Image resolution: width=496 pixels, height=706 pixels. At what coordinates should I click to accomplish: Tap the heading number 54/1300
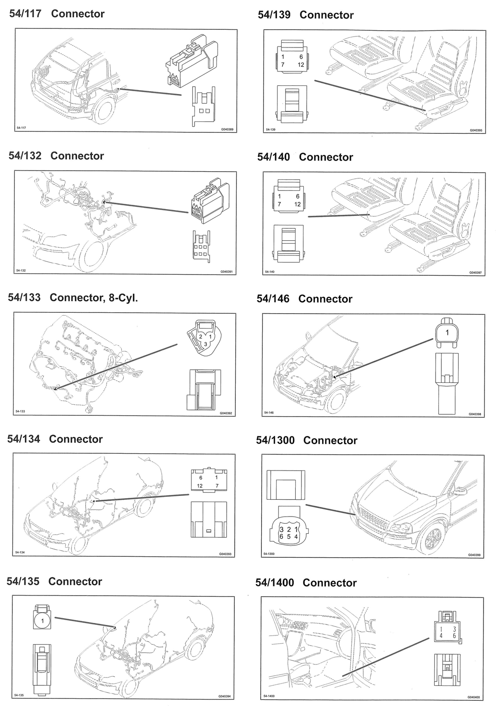tap(275, 440)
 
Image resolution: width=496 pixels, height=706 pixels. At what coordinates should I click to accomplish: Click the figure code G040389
tap(227, 129)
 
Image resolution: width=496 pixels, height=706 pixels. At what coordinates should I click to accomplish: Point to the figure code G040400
tap(473, 697)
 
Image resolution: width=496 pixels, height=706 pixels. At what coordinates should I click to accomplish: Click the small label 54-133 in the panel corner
tap(21, 412)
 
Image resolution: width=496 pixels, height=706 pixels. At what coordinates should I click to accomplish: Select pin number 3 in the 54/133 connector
tap(205, 344)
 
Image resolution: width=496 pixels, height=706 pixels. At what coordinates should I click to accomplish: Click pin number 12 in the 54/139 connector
tap(300, 65)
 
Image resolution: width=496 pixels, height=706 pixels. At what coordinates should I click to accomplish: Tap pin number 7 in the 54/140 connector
tap(279, 204)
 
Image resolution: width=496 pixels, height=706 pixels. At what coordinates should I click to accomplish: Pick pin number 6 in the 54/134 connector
tap(201, 478)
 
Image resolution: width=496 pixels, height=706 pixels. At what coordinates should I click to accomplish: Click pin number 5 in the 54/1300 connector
tap(289, 536)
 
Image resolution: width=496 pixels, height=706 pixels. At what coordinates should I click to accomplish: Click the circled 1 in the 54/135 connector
tap(43, 621)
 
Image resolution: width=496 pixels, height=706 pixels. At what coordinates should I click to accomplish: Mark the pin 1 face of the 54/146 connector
tap(447, 332)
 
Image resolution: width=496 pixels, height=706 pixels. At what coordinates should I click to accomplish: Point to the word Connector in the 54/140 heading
tap(326, 157)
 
